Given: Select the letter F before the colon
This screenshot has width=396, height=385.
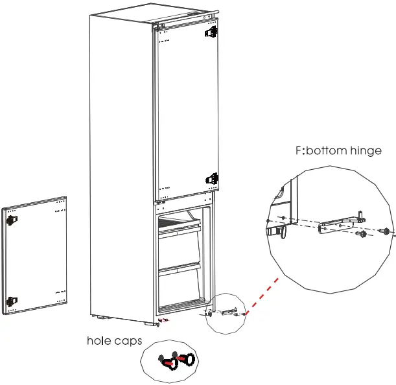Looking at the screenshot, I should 298,151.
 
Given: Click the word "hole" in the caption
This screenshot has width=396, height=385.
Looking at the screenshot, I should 100,340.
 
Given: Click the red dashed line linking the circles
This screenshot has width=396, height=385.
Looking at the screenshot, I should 262,294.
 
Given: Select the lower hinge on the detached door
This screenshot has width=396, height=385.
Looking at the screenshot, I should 12,300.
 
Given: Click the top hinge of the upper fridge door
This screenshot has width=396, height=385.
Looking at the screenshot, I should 210,31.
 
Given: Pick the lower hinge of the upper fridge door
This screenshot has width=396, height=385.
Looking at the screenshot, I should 211,178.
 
